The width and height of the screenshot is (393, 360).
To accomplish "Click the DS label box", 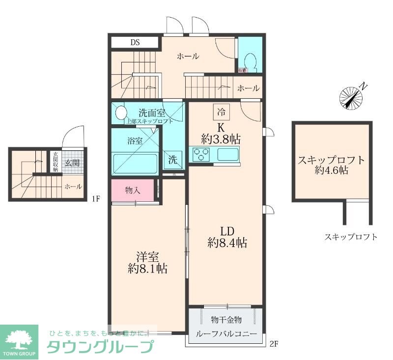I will coord(135,42).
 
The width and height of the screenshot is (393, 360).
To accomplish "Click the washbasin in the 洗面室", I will coord(120,113).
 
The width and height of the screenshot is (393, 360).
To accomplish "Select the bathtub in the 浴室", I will coord(135,163).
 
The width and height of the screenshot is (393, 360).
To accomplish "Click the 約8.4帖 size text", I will coord(226,242).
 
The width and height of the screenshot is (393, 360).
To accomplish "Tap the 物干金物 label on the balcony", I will coord(226,320).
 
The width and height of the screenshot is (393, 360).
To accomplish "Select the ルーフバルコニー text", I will coord(226,334).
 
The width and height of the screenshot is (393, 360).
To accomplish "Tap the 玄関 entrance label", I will coord(72,163).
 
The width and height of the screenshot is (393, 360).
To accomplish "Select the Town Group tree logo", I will coord(19,339).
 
